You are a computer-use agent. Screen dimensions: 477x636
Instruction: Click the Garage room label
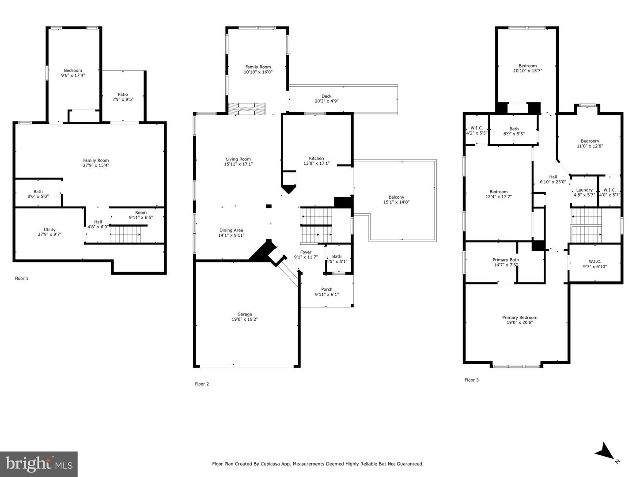coord(245,314)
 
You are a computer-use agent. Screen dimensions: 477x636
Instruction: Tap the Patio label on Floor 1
coord(123,95)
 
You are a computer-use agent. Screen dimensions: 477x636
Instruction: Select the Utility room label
coord(49,230)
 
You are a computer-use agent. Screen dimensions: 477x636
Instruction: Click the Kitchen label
coord(316,159)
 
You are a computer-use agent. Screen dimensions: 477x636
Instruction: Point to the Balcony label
coord(396,197)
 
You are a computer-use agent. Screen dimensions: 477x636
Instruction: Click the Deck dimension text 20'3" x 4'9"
coord(326,101)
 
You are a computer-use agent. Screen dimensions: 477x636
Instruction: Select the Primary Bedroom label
coord(519,318)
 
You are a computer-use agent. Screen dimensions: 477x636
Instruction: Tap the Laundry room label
coord(584,190)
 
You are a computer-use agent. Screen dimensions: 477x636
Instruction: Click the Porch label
coord(327,290)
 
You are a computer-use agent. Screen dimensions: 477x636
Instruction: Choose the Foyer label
coord(306,252)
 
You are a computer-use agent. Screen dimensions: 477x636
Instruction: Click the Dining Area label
coord(231,230)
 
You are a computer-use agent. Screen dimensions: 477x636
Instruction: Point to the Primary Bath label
coord(506,260)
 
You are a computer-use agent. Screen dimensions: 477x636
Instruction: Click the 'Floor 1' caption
coord(21,278)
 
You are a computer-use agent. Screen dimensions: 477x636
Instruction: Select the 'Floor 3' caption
coord(471,380)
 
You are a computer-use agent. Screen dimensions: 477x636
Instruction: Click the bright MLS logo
coord(39,464)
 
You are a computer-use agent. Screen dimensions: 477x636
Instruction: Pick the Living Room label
coord(238,159)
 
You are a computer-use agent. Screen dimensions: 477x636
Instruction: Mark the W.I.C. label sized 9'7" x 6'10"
coord(595,261)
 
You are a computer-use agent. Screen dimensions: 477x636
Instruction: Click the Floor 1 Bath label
coord(38,192)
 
